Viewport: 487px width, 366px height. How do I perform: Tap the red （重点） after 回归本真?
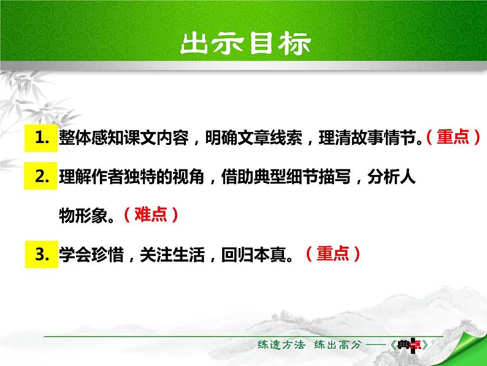click(332, 254)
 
